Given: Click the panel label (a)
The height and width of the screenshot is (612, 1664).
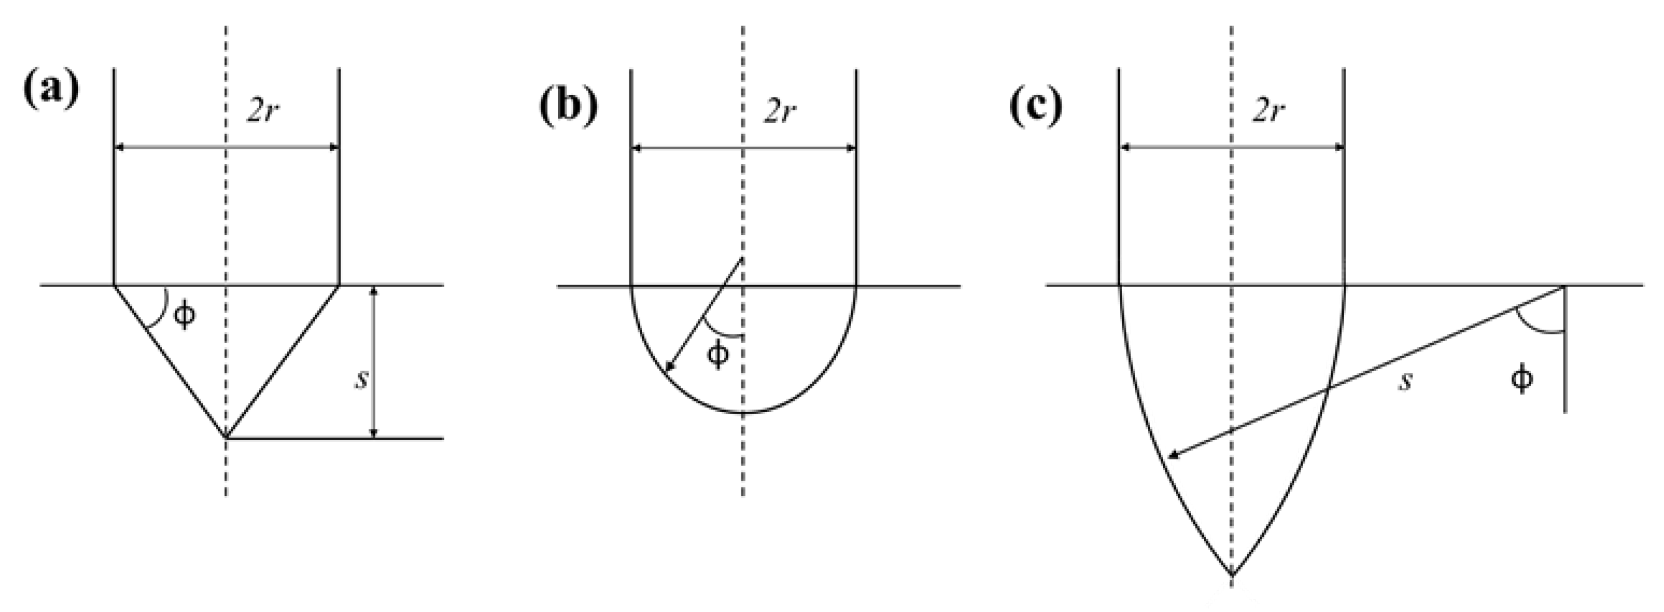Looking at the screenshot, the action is pyautogui.click(x=51, y=89).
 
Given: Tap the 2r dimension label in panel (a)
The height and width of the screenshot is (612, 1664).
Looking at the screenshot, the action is pyautogui.click(x=264, y=111).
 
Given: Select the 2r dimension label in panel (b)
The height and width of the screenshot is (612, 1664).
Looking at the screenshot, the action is pyautogui.click(x=780, y=111).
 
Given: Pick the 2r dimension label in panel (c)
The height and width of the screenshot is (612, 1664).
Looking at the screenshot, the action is pyautogui.click(x=1268, y=111).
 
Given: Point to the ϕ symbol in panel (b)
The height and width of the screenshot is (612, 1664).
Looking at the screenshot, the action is pyautogui.click(x=717, y=355).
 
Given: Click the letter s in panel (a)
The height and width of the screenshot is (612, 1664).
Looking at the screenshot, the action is pyautogui.click(x=362, y=380).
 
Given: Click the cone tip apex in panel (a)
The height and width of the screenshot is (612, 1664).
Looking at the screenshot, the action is pyautogui.click(x=226, y=438).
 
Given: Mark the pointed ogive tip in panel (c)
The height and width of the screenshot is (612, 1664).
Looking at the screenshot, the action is pyautogui.click(x=1232, y=575).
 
